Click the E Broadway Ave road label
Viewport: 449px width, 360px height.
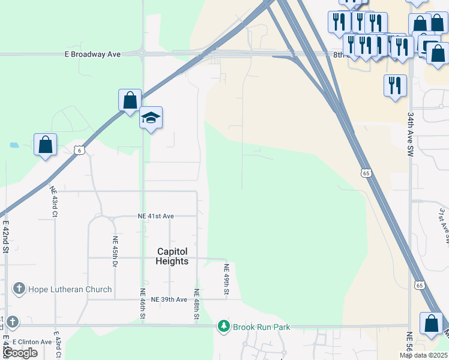pos(92,54)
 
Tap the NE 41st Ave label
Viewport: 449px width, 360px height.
pos(155,216)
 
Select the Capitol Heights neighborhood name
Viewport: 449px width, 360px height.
pos(172,256)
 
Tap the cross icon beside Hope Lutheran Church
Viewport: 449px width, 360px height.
pos(19,289)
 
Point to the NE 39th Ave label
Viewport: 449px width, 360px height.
pos(169,299)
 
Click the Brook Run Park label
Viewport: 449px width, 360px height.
pos(262,327)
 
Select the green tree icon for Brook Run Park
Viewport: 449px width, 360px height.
pos(224,326)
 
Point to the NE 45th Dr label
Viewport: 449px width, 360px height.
pos(114,251)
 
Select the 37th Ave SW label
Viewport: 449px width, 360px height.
pos(442,224)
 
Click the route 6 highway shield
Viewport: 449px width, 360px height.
pos(79,150)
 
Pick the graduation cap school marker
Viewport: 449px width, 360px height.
pos(151,118)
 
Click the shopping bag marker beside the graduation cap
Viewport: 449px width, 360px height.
pos(130,101)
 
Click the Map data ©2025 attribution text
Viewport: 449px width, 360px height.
pos(423,355)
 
